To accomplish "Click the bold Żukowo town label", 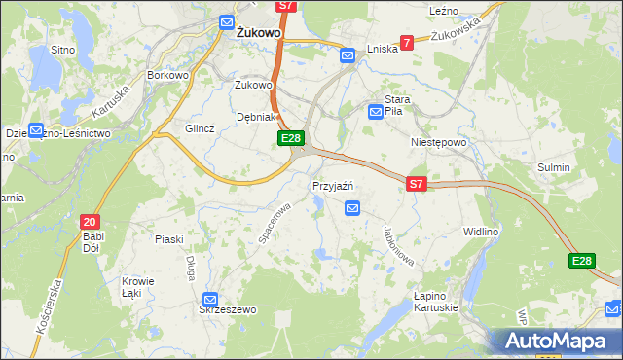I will [x=260, y=32].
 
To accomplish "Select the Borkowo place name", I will [x=166, y=74].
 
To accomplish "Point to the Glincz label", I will [x=199, y=127].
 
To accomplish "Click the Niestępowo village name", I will [x=438, y=141].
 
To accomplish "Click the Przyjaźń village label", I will [x=332, y=186].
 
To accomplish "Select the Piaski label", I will [x=169, y=238].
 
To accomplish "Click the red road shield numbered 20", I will [x=91, y=222].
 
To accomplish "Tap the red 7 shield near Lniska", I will [x=406, y=43].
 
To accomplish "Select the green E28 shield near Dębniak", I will [x=290, y=139].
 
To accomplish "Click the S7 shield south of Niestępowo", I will [x=417, y=183].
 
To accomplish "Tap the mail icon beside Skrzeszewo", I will [x=210, y=301].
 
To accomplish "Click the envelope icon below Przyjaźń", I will [x=352, y=207].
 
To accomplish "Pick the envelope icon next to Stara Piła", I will [x=376, y=113].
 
